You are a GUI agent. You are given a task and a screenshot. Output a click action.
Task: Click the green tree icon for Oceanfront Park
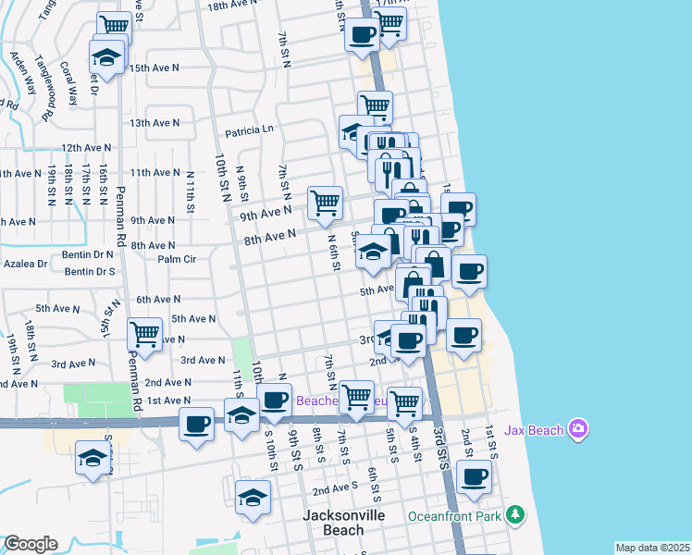[x=516, y=513]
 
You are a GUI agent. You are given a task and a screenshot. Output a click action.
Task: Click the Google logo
[x=31, y=544]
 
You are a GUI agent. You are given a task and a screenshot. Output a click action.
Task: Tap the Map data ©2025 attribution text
[x=652, y=548]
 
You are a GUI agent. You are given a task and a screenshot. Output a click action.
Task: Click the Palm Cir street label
[x=178, y=260]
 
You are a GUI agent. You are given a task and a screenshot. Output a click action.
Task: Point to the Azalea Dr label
[x=24, y=264]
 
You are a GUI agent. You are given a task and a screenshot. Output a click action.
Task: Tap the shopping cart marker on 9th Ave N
[x=325, y=203]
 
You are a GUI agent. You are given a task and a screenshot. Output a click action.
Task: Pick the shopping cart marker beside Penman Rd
[x=144, y=334]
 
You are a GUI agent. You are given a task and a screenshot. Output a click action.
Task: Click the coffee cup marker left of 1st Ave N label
[x=196, y=425]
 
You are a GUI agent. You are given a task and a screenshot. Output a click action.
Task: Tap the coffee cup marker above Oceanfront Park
[x=474, y=477]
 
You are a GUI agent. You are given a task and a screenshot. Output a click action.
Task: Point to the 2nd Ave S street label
[x=334, y=487]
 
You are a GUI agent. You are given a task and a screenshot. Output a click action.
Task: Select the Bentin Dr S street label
[x=90, y=272]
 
